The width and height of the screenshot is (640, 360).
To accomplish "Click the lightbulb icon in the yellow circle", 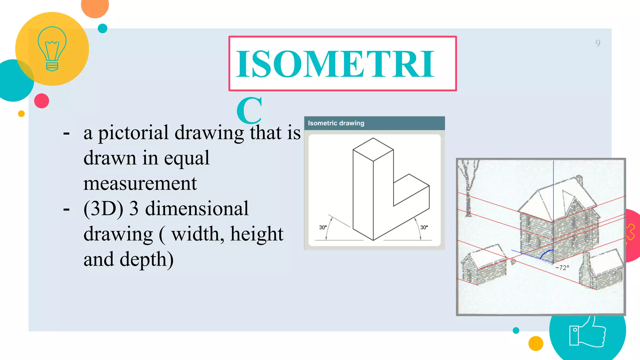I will click(x=52, y=49).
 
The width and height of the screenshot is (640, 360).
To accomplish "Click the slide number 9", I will click(x=597, y=43).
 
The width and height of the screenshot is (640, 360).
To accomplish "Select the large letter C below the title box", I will click(x=249, y=110).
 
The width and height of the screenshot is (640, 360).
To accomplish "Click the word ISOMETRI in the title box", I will click(x=335, y=64).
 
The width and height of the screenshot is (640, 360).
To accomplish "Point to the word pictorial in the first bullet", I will click(x=133, y=132).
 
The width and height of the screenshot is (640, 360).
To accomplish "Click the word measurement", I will click(x=140, y=183).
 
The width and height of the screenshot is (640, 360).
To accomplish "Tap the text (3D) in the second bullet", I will click(x=103, y=208).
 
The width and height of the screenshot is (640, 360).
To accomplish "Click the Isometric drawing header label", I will click(x=336, y=123).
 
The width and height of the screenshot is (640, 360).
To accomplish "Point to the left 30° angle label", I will click(x=322, y=227).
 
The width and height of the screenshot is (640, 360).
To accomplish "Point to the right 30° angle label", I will click(x=424, y=227).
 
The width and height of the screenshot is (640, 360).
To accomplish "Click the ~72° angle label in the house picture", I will click(x=562, y=268).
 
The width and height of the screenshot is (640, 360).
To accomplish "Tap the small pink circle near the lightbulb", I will click(x=42, y=101).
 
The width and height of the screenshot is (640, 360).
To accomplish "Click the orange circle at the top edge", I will click(x=95, y=7).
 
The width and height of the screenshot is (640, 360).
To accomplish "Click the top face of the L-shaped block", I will click(x=373, y=150).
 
